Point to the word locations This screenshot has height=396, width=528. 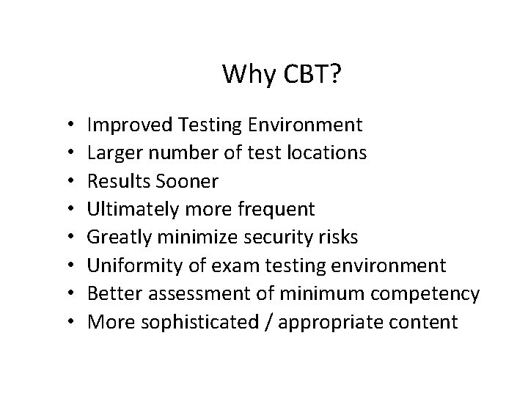click(327, 153)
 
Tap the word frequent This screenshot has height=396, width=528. click(278, 210)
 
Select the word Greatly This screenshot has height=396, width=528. click(117, 238)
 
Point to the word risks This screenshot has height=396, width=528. click(337, 238)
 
